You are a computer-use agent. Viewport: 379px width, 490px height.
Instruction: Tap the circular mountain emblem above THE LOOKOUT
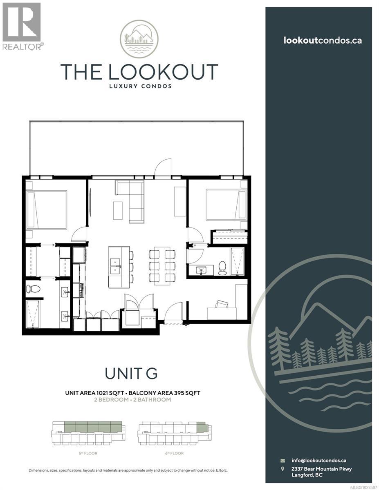[x=139, y=39]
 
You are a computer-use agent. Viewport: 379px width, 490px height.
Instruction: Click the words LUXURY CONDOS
[x=139, y=86]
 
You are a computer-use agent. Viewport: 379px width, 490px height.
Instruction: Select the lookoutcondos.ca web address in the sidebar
[x=323, y=40]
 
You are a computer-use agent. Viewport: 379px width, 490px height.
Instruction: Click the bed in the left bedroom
[x=46, y=209]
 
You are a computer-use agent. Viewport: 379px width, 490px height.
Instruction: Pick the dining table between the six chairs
[x=159, y=267]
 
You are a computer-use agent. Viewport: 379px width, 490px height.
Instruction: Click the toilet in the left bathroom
[x=33, y=289]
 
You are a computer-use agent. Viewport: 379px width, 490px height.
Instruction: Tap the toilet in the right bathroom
[x=222, y=267]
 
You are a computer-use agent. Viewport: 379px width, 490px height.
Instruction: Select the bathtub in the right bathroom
[x=237, y=261]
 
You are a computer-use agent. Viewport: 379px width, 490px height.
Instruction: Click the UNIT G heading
[x=131, y=374]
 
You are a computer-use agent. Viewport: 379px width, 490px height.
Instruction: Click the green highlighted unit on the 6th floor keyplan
[x=202, y=427]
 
